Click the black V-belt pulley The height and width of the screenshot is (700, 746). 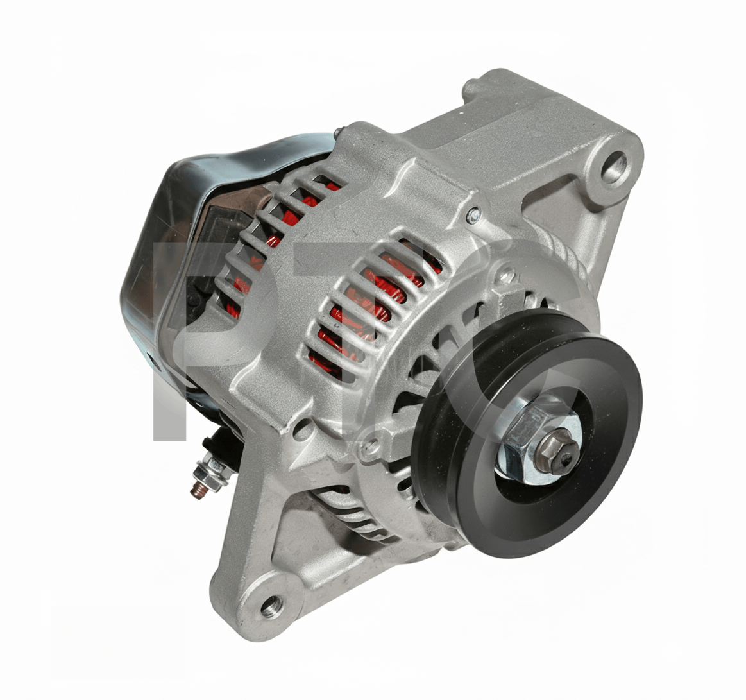pos(528,433)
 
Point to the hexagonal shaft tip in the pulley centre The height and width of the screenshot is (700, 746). pos(561,450)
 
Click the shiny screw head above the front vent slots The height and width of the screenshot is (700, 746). pos(473,215)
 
